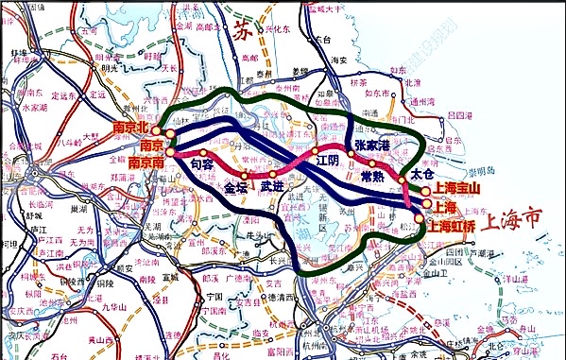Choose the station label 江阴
[326, 162]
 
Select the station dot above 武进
[272, 174]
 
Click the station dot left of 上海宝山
[426, 190]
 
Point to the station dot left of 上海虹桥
[420, 218]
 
